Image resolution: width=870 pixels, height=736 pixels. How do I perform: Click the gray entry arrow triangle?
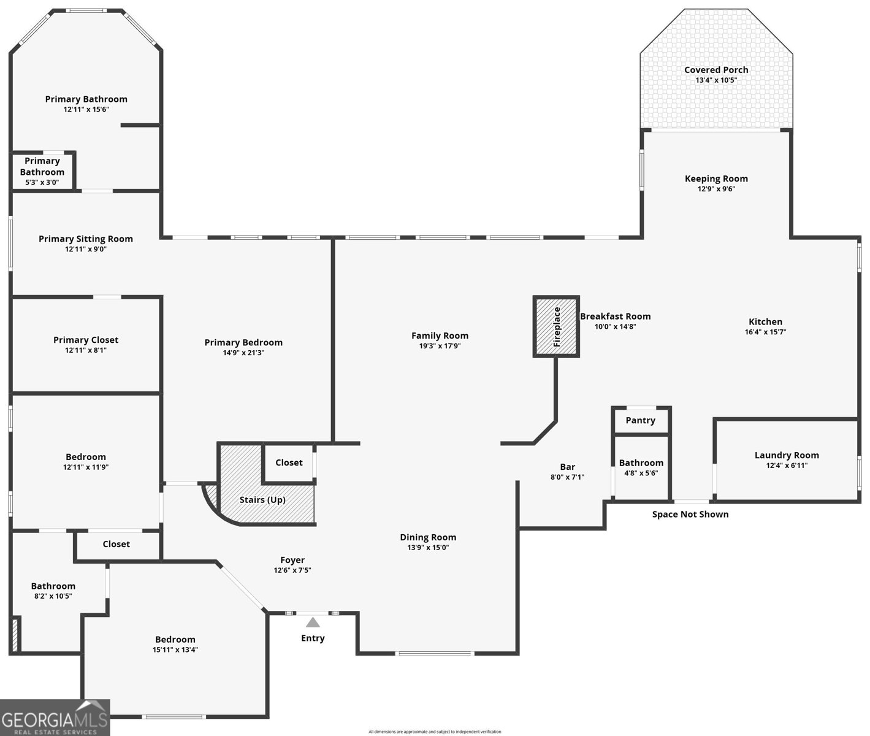click(x=313, y=622)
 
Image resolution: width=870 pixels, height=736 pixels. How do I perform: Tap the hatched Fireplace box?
click(x=556, y=327)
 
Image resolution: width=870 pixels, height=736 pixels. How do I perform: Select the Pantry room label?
click(x=640, y=420)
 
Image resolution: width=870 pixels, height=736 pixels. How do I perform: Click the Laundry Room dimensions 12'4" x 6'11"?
click(x=787, y=466)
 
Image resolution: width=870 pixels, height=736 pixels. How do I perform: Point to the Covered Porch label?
click(x=716, y=70)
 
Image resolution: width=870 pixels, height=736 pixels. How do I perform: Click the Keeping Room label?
click(x=716, y=178)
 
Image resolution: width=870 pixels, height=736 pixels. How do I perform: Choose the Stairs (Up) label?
click(x=262, y=500)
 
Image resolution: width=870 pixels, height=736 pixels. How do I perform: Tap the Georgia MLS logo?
click(x=55, y=717)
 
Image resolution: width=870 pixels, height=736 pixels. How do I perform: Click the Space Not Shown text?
click(x=690, y=514)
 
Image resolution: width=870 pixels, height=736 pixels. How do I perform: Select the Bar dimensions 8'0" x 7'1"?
click(x=567, y=477)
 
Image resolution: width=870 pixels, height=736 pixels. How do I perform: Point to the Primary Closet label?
click(x=86, y=340)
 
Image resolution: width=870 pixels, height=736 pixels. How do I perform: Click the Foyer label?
click(x=292, y=560)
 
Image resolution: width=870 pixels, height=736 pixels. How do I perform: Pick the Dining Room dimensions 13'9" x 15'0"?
click(x=428, y=547)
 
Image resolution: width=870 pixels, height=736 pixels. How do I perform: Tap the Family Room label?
click(x=440, y=335)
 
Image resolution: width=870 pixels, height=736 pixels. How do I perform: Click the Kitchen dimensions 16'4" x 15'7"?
click(x=766, y=332)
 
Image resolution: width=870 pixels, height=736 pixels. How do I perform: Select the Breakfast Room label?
click(x=616, y=316)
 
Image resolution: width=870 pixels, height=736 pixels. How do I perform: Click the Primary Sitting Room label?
click(x=86, y=239)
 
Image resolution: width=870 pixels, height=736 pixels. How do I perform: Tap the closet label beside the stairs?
click(x=289, y=462)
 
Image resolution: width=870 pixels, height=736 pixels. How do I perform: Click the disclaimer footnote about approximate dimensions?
click(x=435, y=732)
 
